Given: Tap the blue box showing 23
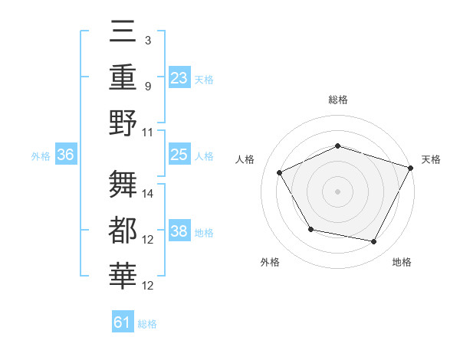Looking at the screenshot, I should [179, 77].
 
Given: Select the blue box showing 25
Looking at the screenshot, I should [179, 155].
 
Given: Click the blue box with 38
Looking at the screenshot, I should [179, 231].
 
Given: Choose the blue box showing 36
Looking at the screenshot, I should [66, 155].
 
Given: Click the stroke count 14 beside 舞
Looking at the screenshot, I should [149, 193].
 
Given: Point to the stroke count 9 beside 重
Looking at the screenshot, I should [148, 87].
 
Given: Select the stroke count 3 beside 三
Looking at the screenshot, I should [148, 40].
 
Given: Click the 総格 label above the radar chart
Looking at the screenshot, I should [337, 100].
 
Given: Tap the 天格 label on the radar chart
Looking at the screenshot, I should [431, 159].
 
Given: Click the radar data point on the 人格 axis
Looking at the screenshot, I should [280, 173].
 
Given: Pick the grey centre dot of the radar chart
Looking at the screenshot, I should [337, 191].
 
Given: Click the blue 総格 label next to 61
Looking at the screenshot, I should [147, 324].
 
